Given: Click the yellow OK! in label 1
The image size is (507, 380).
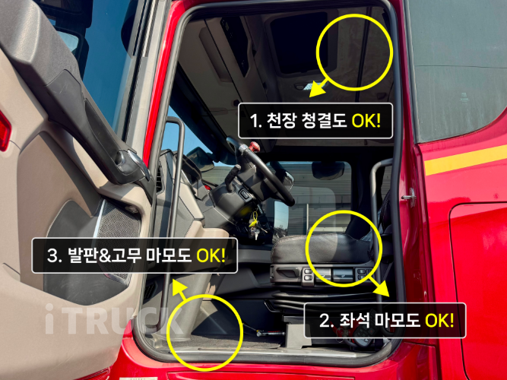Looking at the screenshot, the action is click(366, 122).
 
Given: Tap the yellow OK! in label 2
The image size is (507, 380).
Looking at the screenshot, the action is click(439, 321).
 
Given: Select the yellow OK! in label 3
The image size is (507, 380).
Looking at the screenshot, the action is click(211, 255).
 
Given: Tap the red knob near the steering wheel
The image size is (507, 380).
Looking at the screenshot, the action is click(254, 147).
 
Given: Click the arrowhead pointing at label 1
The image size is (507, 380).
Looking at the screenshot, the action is click(316, 90).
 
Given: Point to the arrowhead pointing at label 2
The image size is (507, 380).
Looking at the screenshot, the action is click(384, 288).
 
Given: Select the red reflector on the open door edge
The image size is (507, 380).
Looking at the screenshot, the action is click(4, 131).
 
